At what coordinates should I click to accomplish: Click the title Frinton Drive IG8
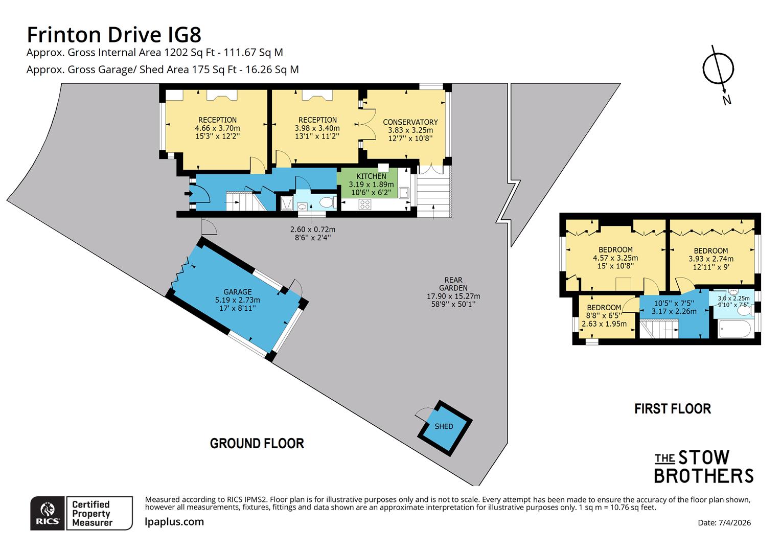(x=114, y=35)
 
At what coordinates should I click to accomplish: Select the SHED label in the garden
(x=444, y=426)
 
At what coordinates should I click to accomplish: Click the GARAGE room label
(x=237, y=292)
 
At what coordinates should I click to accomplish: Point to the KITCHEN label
(x=371, y=176)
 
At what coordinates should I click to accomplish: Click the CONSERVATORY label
(x=410, y=122)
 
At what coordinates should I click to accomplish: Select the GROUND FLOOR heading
(x=257, y=443)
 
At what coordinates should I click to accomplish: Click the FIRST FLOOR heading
(x=672, y=408)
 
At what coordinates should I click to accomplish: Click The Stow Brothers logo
(x=704, y=466)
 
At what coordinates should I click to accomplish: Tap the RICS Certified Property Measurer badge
(x=81, y=513)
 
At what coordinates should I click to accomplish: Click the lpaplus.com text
(x=174, y=522)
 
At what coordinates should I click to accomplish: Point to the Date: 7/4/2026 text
(x=724, y=522)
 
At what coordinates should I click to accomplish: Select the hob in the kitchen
(x=365, y=204)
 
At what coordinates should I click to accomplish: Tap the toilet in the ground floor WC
(x=325, y=202)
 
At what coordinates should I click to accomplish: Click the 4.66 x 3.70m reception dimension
(x=217, y=128)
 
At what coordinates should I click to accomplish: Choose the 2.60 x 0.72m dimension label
(x=312, y=229)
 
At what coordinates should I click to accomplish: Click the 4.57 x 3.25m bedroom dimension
(x=615, y=258)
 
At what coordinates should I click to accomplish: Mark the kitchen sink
(x=404, y=192)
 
